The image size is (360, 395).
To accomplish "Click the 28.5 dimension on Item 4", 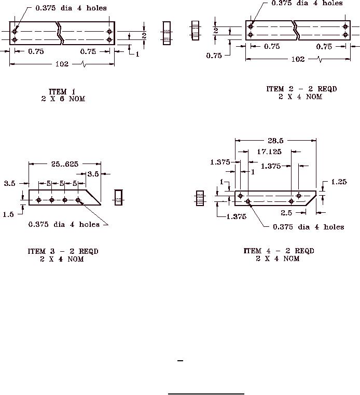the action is coord(275,141).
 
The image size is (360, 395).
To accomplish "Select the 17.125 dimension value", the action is coord(269,152).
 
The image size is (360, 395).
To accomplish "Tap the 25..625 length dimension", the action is coord(65,164).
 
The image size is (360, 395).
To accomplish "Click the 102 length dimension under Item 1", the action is coord(62,64).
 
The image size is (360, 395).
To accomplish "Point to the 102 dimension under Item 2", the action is coord(298,59).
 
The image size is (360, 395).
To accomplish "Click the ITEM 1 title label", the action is coord(62,91).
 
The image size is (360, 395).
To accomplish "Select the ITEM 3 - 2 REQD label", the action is coord(63,251).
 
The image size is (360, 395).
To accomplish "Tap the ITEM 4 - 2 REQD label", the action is coord(279,251).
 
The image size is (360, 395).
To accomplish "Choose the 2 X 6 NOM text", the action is coord(63,99).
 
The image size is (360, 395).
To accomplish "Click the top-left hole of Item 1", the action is coord(15,32).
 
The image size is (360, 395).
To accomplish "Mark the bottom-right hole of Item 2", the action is coord(345,35).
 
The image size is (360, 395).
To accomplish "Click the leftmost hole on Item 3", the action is coord(38,200).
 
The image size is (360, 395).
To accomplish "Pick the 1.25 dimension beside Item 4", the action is coord(339,182).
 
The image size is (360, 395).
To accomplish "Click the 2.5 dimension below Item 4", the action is coord(286,213).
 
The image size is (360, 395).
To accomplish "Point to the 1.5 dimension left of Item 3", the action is coord(8,214).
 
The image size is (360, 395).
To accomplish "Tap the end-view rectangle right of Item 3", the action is coord(118,197).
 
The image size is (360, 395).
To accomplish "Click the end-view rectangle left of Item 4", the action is coord(200,198).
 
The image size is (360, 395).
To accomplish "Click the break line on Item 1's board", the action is coord(60,33).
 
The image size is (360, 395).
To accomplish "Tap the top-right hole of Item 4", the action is coord(299,196).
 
